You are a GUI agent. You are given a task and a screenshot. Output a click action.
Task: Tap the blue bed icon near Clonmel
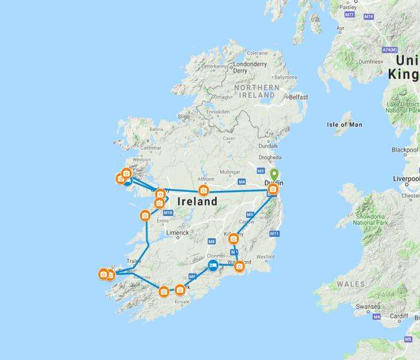(212, 265)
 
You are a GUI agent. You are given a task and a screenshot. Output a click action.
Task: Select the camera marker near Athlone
(203, 191)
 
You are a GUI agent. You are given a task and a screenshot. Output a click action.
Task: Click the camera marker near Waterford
(239, 266)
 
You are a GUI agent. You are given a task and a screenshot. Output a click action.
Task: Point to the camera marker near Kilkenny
(234, 239)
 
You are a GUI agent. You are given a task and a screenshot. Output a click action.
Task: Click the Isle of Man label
(344, 125)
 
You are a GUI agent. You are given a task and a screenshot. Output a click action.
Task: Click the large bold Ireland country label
(197, 202)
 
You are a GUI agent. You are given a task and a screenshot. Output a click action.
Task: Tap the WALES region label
(350, 284)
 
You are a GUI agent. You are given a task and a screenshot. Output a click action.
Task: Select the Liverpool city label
(404, 179)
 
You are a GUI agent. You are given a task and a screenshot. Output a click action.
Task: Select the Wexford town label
(265, 257)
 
